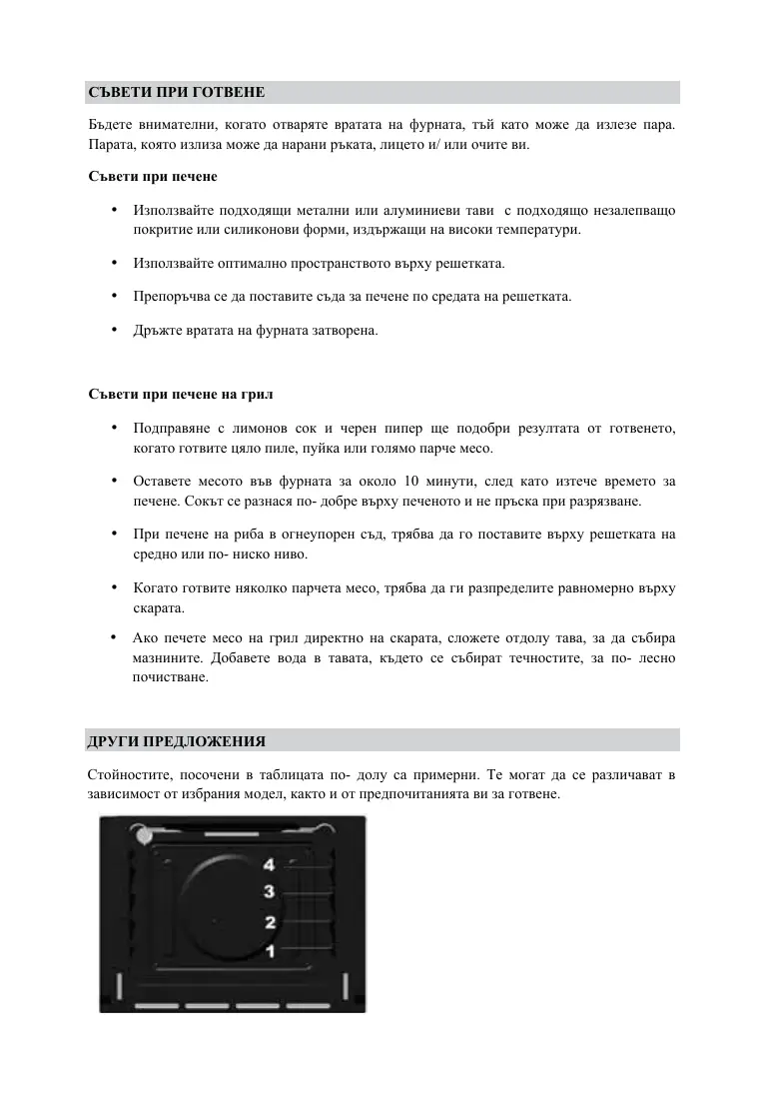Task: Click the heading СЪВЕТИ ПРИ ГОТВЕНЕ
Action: (x=176, y=93)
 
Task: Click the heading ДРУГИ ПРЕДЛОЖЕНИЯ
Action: (x=176, y=741)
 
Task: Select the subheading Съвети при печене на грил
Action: (x=181, y=393)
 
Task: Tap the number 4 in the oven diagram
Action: (x=269, y=865)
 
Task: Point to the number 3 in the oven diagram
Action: (x=269, y=891)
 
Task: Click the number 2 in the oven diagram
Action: (x=269, y=921)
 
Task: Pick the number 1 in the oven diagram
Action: (x=269, y=949)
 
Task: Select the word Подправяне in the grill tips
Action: (x=170, y=429)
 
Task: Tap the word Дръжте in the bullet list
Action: (x=156, y=330)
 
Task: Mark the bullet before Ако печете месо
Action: (x=116, y=636)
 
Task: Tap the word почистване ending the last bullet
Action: (x=171, y=677)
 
